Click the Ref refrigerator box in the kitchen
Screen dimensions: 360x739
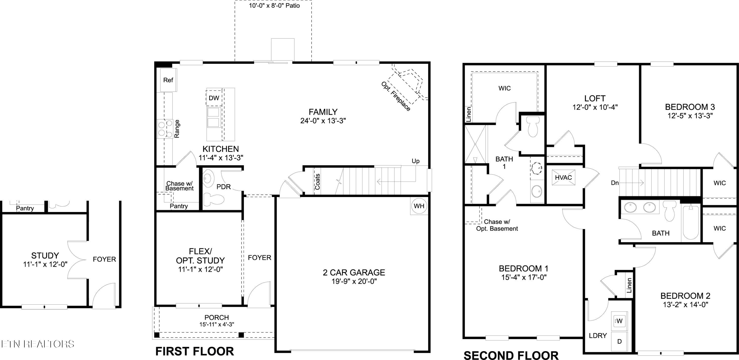coord(168,80)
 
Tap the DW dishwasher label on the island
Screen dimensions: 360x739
coord(214,98)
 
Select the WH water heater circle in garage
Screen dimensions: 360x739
coord(419,206)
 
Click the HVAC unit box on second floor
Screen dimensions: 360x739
coord(563,178)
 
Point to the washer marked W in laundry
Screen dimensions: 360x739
coord(619,321)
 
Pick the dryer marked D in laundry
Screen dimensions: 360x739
coord(619,342)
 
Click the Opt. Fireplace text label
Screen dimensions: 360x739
coord(396,96)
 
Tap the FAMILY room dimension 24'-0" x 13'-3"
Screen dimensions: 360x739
coord(323,121)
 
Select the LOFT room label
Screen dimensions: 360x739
coord(595,98)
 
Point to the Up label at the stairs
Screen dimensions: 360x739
coord(415,161)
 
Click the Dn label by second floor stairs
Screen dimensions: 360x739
coord(615,183)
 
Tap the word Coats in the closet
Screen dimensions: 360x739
coord(318,181)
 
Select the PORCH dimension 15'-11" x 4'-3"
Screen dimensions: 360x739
coord(217,325)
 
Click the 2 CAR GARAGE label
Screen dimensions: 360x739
coord(354,272)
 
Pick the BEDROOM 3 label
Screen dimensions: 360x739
coord(690,107)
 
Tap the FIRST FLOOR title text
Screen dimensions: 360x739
coord(195,351)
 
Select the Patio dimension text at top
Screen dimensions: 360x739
coord(274,6)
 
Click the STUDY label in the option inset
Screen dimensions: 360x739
coord(45,255)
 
